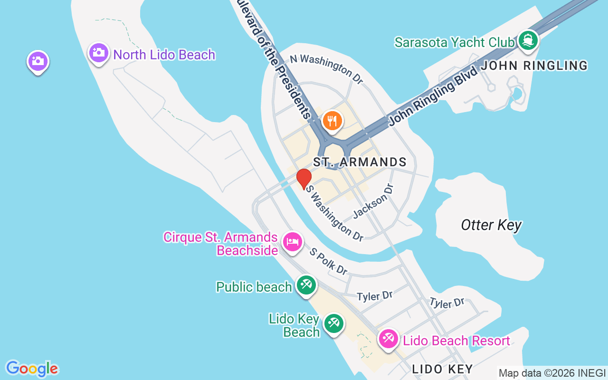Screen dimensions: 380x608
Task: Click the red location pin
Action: click(x=304, y=179)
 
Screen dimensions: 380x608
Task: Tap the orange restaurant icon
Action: click(x=332, y=120)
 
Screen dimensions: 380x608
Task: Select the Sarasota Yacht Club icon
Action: click(x=527, y=40)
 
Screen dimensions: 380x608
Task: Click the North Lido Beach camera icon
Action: click(x=99, y=52)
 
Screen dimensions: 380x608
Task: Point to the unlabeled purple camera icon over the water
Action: click(x=38, y=61)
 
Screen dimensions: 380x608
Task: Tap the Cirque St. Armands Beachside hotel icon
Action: click(x=293, y=242)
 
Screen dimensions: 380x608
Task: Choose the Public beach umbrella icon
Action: click(x=306, y=285)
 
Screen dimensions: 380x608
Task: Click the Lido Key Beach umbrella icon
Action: click(x=334, y=324)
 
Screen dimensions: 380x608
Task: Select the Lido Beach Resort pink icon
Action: click(x=389, y=339)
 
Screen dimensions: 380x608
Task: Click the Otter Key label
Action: click(x=491, y=225)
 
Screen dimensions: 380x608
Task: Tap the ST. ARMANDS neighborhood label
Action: click(x=360, y=162)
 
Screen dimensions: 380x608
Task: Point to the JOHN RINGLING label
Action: click(x=534, y=66)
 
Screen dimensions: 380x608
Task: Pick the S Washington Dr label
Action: click(x=335, y=212)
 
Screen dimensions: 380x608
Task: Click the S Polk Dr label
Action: click(x=329, y=261)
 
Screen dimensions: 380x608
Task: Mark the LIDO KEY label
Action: click(x=442, y=369)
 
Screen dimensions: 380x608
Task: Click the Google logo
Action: click(x=32, y=369)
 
